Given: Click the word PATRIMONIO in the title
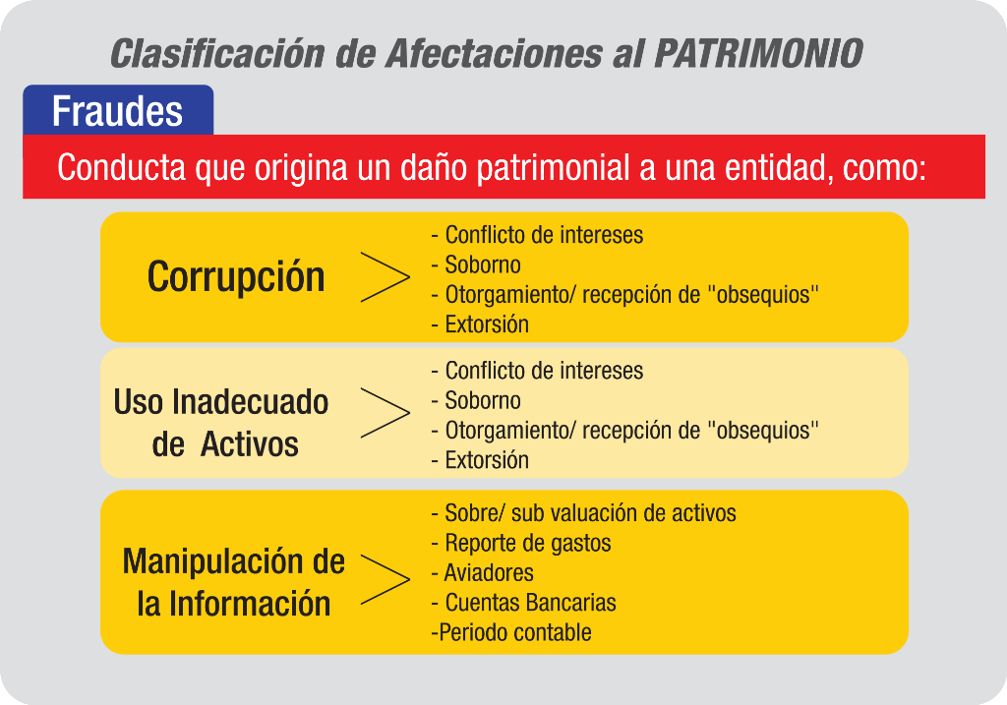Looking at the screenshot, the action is [x=758, y=53].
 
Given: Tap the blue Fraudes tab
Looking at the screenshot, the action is [x=118, y=110].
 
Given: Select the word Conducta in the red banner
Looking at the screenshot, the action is [x=121, y=167].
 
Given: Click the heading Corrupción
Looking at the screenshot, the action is [x=236, y=277].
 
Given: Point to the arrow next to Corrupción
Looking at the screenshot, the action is [x=385, y=277].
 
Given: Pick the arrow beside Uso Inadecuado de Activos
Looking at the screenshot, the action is [x=385, y=413].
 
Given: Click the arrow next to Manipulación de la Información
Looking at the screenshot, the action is [x=385, y=579].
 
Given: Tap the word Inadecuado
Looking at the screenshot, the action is [x=251, y=402].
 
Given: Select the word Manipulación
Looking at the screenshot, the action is [x=213, y=561].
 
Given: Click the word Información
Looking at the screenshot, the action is [x=250, y=604].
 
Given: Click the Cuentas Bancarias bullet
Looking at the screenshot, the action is [x=523, y=603].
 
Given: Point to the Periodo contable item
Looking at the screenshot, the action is [x=511, y=633].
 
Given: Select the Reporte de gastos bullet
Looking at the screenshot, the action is [x=521, y=544].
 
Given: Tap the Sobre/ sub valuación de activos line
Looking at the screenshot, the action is [x=584, y=513].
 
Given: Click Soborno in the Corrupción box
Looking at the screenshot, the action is [x=476, y=264].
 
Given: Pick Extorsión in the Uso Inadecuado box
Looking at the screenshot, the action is [x=480, y=460].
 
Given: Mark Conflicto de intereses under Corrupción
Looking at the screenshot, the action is [x=537, y=235].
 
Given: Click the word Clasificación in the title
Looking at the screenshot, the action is [x=217, y=53].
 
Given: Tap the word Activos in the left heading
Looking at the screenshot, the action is [x=249, y=445].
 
